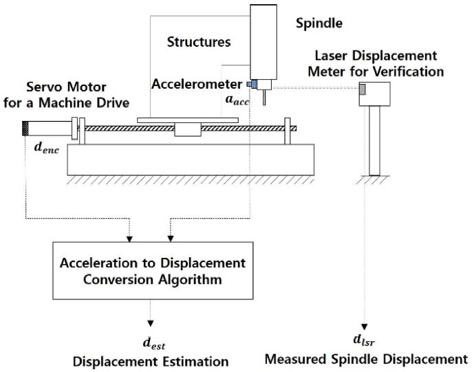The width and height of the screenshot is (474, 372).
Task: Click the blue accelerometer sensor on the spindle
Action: (252, 84)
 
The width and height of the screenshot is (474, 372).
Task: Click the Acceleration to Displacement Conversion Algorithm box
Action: (152, 271)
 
